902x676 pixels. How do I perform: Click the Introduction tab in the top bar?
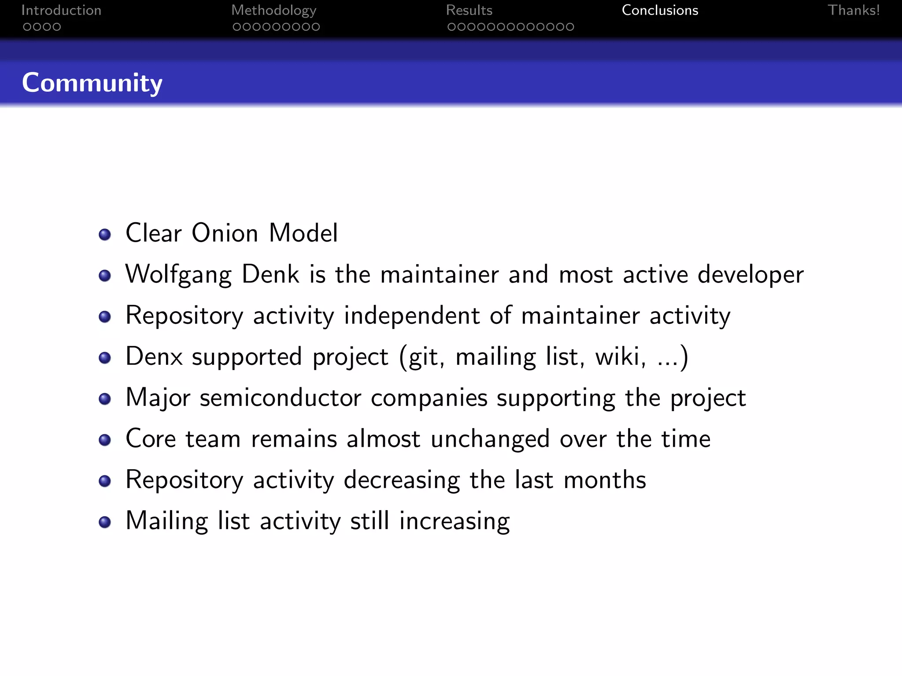coord(61,10)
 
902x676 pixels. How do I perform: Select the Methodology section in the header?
coord(274,11)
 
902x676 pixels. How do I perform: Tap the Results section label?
coord(469,10)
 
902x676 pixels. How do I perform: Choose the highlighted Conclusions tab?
coord(660,10)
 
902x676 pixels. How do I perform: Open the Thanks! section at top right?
coord(854,10)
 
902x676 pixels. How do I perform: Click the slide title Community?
coord(92,83)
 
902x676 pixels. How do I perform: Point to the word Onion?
coord(225,233)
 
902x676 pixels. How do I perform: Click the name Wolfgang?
coord(178,274)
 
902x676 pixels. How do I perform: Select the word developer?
coord(750,274)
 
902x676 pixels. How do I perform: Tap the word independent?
coord(411,315)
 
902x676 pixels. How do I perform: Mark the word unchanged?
coord(490,439)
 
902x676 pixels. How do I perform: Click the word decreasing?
coord(402,480)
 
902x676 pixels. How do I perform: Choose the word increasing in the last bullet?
coord(455,521)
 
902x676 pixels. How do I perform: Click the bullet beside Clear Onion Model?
coord(105,235)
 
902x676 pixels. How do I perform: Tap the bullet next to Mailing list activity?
coord(105,522)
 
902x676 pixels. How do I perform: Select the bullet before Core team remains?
coord(105,440)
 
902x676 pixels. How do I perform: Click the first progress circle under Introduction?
coord(27,27)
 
